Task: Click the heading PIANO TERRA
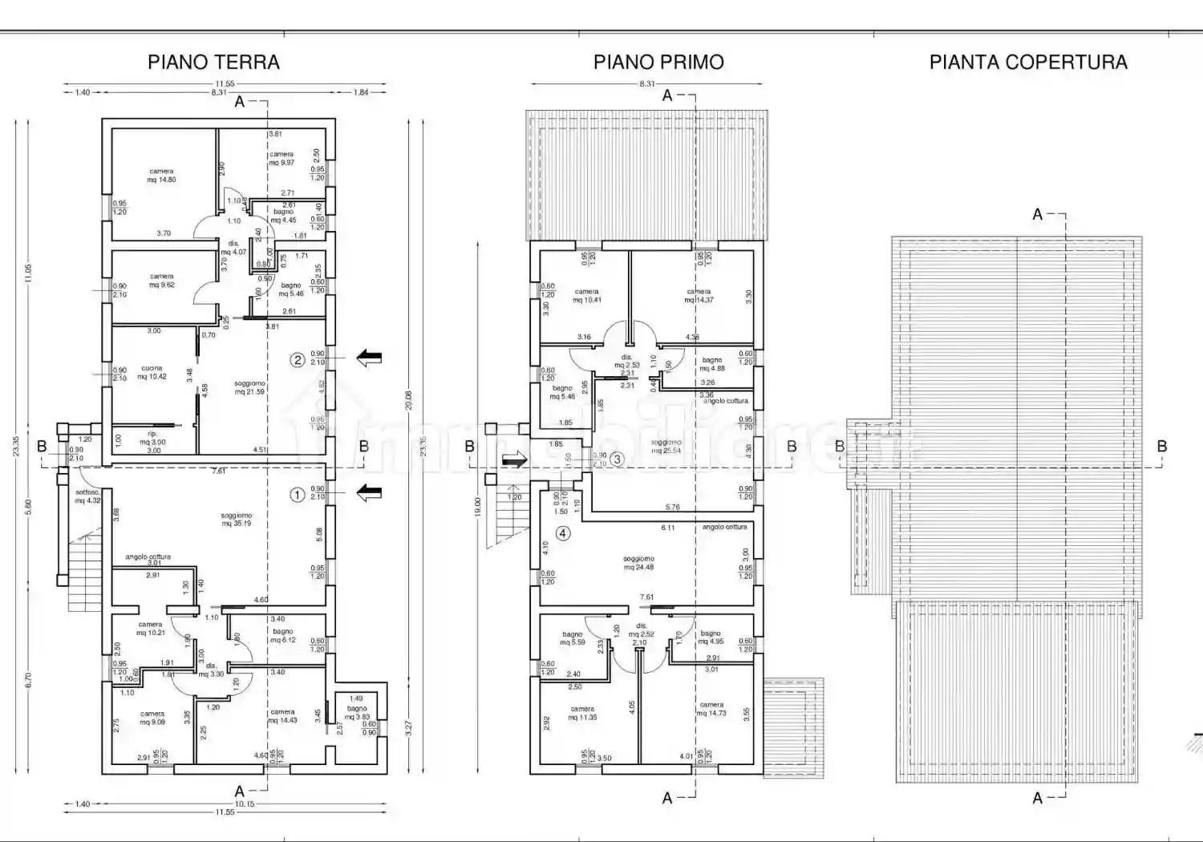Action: click(x=213, y=63)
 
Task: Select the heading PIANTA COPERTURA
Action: click(x=1028, y=63)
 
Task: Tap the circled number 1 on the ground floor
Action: click(x=297, y=495)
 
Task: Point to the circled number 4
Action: click(x=563, y=533)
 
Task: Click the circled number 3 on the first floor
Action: click(x=617, y=459)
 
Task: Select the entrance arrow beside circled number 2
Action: click(x=369, y=358)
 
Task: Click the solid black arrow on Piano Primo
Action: click(x=514, y=459)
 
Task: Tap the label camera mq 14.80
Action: click(x=161, y=176)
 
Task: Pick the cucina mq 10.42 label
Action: click(x=152, y=373)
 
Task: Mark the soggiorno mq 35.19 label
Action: click(x=237, y=520)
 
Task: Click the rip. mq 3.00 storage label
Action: click(x=152, y=438)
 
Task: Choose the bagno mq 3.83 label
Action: click(x=357, y=712)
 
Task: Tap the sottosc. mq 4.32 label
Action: click(x=87, y=496)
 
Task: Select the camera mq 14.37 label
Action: click(x=699, y=296)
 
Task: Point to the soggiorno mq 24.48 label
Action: click(x=638, y=563)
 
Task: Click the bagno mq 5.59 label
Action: click(x=573, y=638)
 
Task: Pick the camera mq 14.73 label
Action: click(x=711, y=709)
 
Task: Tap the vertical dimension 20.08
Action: click(x=408, y=401)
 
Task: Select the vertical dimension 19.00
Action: click(x=477, y=506)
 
